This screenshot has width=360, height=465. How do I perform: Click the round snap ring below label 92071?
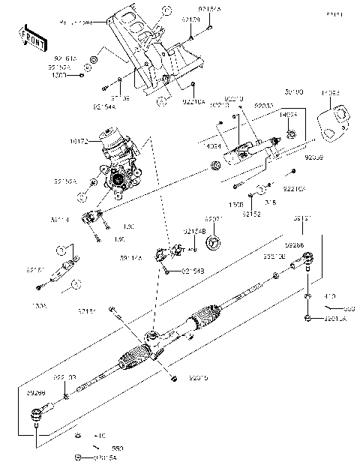[213, 241]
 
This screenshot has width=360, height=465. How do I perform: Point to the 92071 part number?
[214, 220]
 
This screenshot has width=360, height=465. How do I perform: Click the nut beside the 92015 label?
[173, 377]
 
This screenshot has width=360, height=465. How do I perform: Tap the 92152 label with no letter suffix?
[250, 213]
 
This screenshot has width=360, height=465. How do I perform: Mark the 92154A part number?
[103, 107]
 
